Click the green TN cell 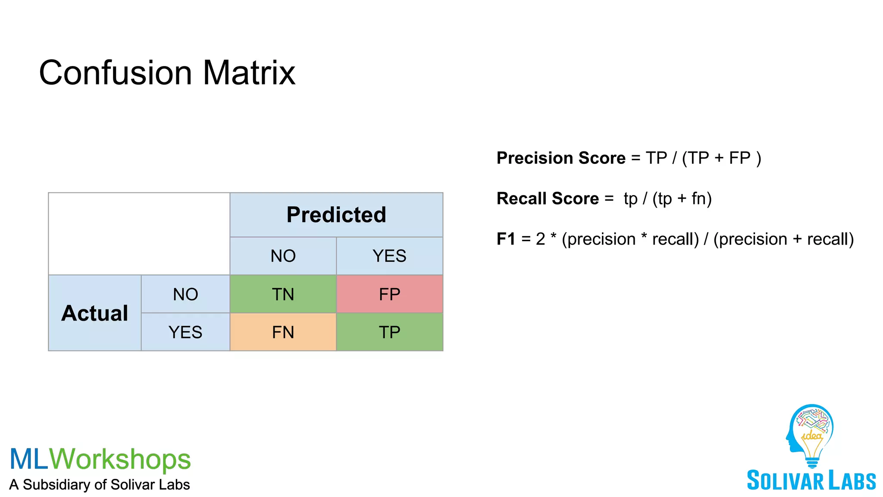pyautogui.click(x=283, y=294)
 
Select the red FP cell pyautogui.click(x=389, y=294)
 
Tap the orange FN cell pyautogui.click(x=283, y=332)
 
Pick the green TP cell pyautogui.click(x=389, y=332)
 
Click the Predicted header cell pyautogui.click(x=336, y=215)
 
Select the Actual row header pyautogui.click(x=95, y=313)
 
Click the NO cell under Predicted pyautogui.click(x=283, y=256)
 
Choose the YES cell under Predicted pyautogui.click(x=389, y=256)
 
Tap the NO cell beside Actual pyautogui.click(x=185, y=294)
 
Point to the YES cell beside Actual pyautogui.click(x=185, y=332)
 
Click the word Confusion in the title pyautogui.click(x=116, y=72)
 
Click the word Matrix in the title pyautogui.click(x=249, y=72)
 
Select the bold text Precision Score pyautogui.click(x=560, y=158)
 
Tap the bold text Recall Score pyautogui.click(x=548, y=198)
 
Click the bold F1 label pyautogui.click(x=506, y=239)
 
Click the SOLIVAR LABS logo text pyautogui.click(x=811, y=481)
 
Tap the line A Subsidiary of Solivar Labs pyautogui.click(x=100, y=484)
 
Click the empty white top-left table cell pyautogui.click(x=139, y=233)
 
